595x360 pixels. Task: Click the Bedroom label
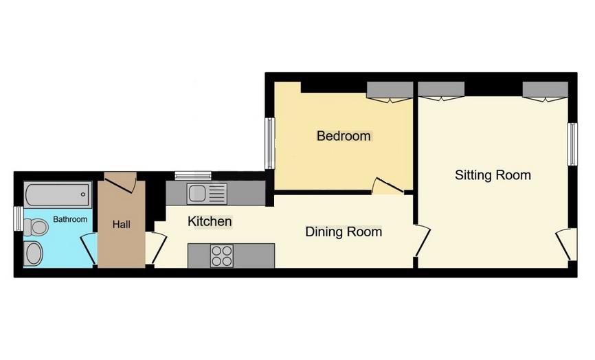click(x=344, y=136)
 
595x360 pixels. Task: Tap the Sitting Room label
click(x=493, y=175)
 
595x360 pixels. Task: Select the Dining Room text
click(x=344, y=232)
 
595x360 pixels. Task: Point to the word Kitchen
click(x=210, y=222)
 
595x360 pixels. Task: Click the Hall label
click(x=121, y=224)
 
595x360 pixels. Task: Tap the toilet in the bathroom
click(x=38, y=227)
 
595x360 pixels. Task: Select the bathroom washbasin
click(x=33, y=254)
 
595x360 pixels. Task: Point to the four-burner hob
click(x=221, y=256)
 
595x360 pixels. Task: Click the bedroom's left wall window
click(x=270, y=143)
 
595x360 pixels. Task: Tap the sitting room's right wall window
click(x=571, y=144)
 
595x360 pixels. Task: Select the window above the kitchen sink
click(x=193, y=176)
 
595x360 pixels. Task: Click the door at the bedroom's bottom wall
click(x=387, y=185)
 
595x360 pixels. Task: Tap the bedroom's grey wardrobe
click(x=390, y=91)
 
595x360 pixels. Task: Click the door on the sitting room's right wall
click(x=565, y=245)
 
